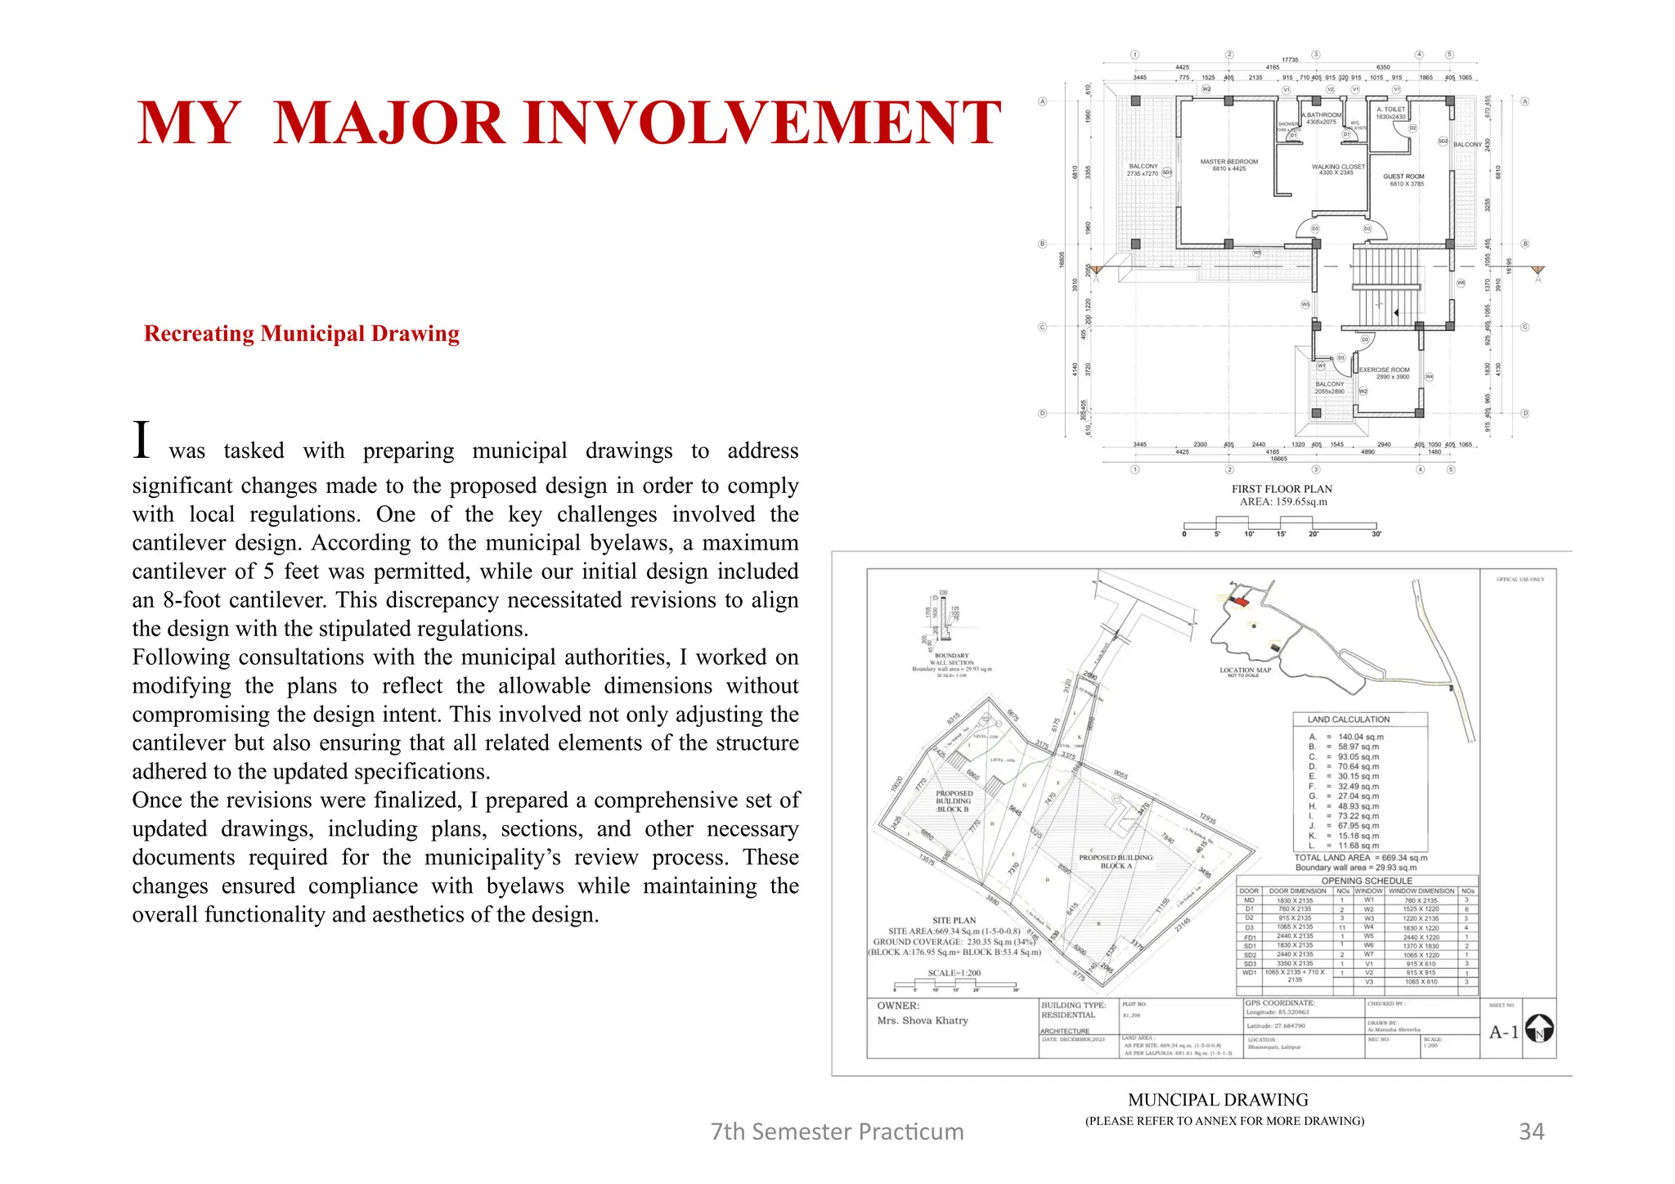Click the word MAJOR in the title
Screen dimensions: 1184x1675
tap(388, 123)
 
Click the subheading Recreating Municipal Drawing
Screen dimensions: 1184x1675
tap(301, 334)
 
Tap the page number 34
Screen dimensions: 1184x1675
tap(1531, 1131)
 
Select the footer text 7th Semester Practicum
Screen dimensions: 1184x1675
tap(837, 1131)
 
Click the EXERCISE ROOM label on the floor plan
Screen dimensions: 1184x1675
tap(1384, 373)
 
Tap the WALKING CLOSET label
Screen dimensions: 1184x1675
tap(1338, 169)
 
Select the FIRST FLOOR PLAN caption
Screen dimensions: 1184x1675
tap(1282, 489)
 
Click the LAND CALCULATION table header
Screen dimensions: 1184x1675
tap(1348, 720)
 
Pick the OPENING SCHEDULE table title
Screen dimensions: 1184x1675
tap(1367, 881)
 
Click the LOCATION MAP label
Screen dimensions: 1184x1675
tap(1245, 670)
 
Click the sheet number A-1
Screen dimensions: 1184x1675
tap(1503, 1032)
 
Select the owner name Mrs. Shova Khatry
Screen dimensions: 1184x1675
tap(923, 1020)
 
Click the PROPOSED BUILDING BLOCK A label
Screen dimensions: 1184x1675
tap(1116, 862)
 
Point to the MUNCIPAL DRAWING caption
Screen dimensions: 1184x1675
tap(1218, 1100)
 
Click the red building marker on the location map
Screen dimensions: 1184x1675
tap(1242, 602)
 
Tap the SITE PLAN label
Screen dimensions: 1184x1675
tap(954, 920)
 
